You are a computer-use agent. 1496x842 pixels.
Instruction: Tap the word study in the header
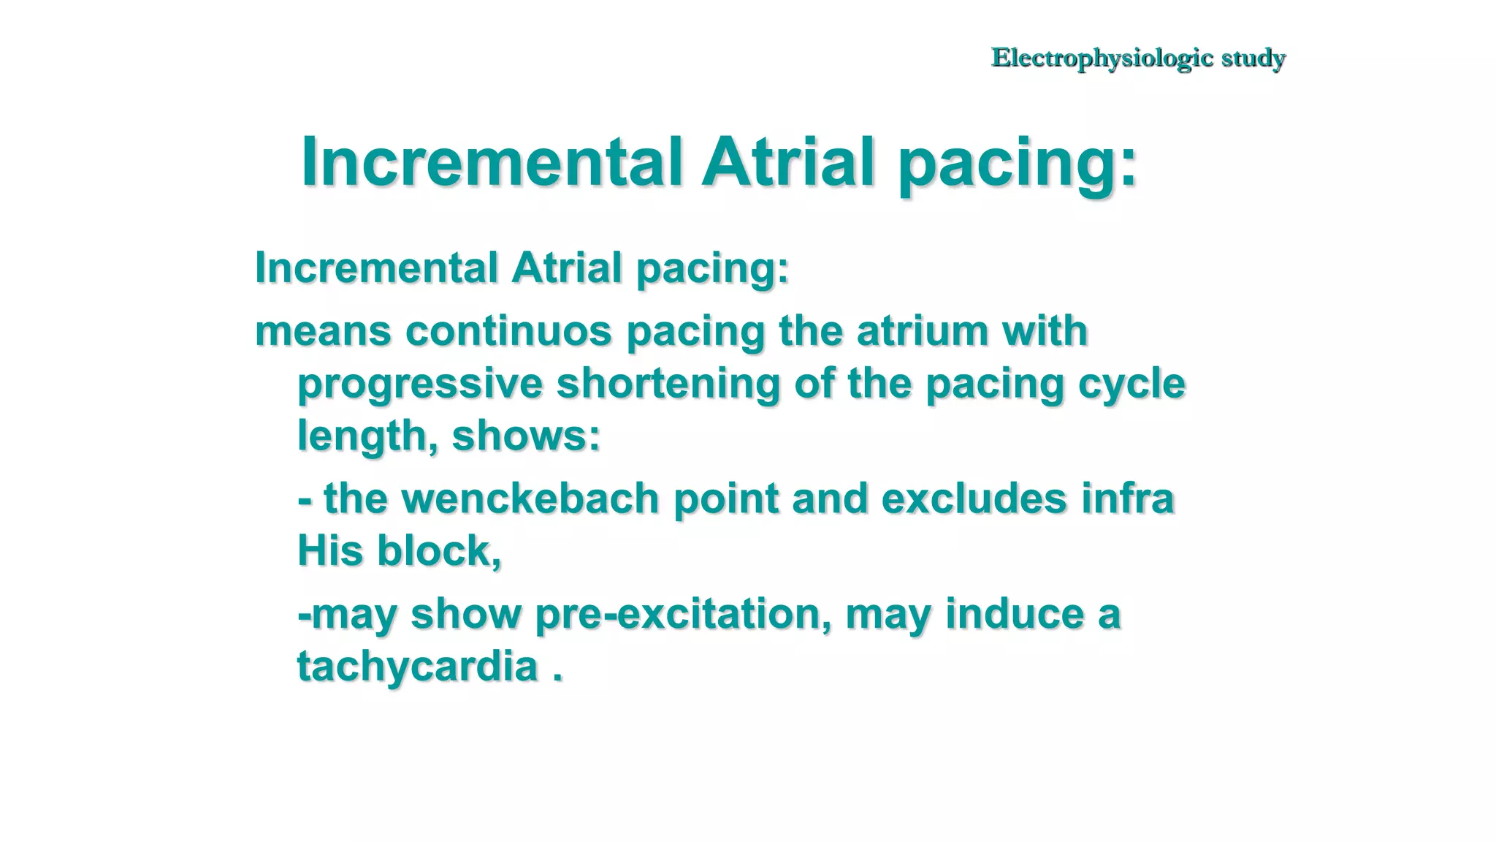pyautogui.click(x=1253, y=58)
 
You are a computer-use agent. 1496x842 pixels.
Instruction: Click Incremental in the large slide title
pyautogui.click(x=492, y=162)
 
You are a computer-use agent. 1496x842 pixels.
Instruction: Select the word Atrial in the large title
pyautogui.click(x=787, y=162)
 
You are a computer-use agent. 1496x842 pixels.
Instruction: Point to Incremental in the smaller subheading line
pyautogui.click(x=375, y=268)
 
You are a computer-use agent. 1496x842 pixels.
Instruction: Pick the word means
pyautogui.click(x=323, y=331)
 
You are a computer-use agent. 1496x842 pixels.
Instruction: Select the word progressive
pyautogui.click(x=420, y=384)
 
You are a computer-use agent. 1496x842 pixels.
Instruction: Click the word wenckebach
pyautogui.click(x=530, y=498)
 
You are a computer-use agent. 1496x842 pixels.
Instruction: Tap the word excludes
pyautogui.click(x=974, y=498)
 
